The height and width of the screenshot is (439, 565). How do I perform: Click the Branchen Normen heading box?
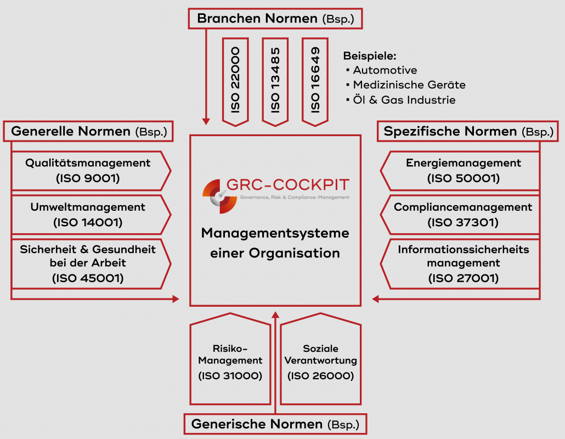click(x=275, y=19)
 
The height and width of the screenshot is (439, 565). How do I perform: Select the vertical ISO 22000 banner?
click(x=235, y=79)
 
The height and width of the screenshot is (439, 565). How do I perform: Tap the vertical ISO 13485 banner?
click(x=275, y=79)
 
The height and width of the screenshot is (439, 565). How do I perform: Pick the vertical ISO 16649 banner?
click(x=315, y=79)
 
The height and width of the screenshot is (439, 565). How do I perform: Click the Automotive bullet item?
click(x=385, y=70)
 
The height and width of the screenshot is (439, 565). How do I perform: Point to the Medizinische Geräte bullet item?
click(x=409, y=85)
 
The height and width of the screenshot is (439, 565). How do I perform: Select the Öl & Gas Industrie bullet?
click(x=404, y=100)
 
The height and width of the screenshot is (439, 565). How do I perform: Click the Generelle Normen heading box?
click(x=89, y=132)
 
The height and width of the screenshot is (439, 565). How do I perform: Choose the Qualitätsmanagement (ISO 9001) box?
click(x=88, y=171)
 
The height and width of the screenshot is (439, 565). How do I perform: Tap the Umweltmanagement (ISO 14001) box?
click(x=88, y=215)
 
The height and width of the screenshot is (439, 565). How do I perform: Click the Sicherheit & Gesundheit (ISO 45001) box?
click(x=88, y=263)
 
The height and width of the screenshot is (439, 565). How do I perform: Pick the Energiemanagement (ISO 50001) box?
click(x=464, y=171)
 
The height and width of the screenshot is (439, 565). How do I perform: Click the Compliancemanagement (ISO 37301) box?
click(x=464, y=215)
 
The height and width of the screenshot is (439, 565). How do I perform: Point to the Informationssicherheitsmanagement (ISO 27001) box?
click(x=464, y=263)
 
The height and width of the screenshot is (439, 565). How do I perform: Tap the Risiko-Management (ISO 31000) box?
click(x=230, y=362)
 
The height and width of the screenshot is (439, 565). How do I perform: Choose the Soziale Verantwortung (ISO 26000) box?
click(x=321, y=362)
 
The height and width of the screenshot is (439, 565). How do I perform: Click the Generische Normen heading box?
click(x=275, y=424)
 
